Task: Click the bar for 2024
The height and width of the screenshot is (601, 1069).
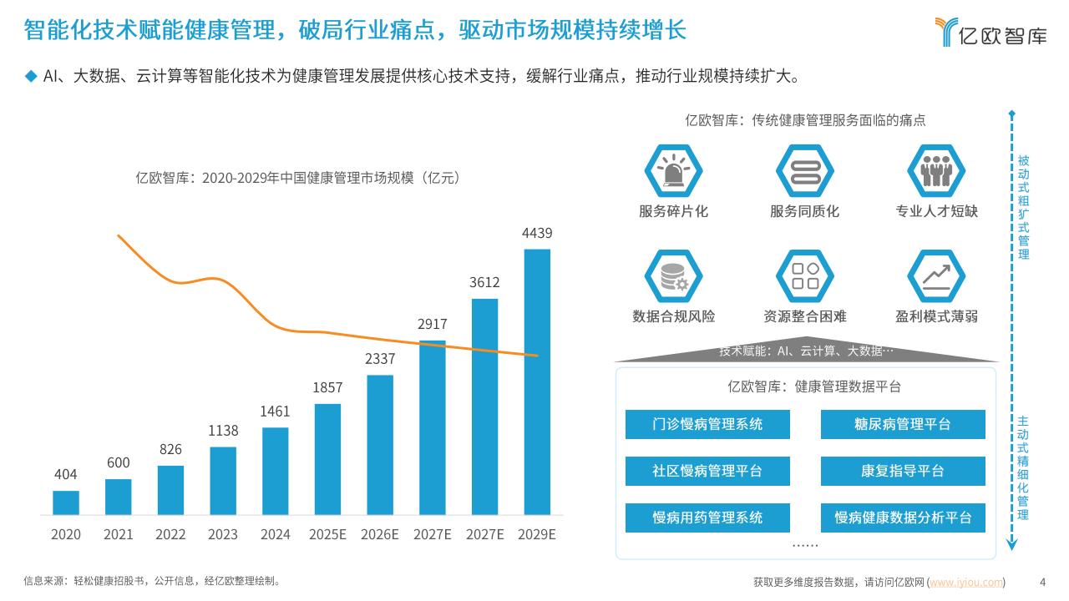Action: (275, 471)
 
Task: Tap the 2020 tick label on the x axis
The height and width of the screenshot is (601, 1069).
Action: (65, 534)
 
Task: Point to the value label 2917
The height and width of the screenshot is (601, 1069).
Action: (433, 324)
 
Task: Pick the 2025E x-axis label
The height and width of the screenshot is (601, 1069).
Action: (327, 534)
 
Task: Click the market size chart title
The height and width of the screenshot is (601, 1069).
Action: (297, 178)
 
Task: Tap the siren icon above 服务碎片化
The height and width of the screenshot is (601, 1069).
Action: (673, 171)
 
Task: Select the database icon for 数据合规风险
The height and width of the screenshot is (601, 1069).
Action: (673, 276)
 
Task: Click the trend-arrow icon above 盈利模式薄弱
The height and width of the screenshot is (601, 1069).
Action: (936, 276)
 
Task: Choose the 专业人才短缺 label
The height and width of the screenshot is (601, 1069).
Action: (936, 211)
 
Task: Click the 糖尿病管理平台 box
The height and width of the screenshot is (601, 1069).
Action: (902, 424)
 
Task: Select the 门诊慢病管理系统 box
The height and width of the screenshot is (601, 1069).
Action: (707, 424)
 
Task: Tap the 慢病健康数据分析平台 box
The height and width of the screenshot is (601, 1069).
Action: (902, 518)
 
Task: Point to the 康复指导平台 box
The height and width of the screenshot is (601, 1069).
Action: (902, 471)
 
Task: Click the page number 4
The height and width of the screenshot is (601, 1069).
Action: (1041, 582)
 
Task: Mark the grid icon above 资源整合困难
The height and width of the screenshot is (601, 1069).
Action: (805, 276)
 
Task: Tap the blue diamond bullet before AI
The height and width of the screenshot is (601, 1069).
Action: (32, 77)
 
